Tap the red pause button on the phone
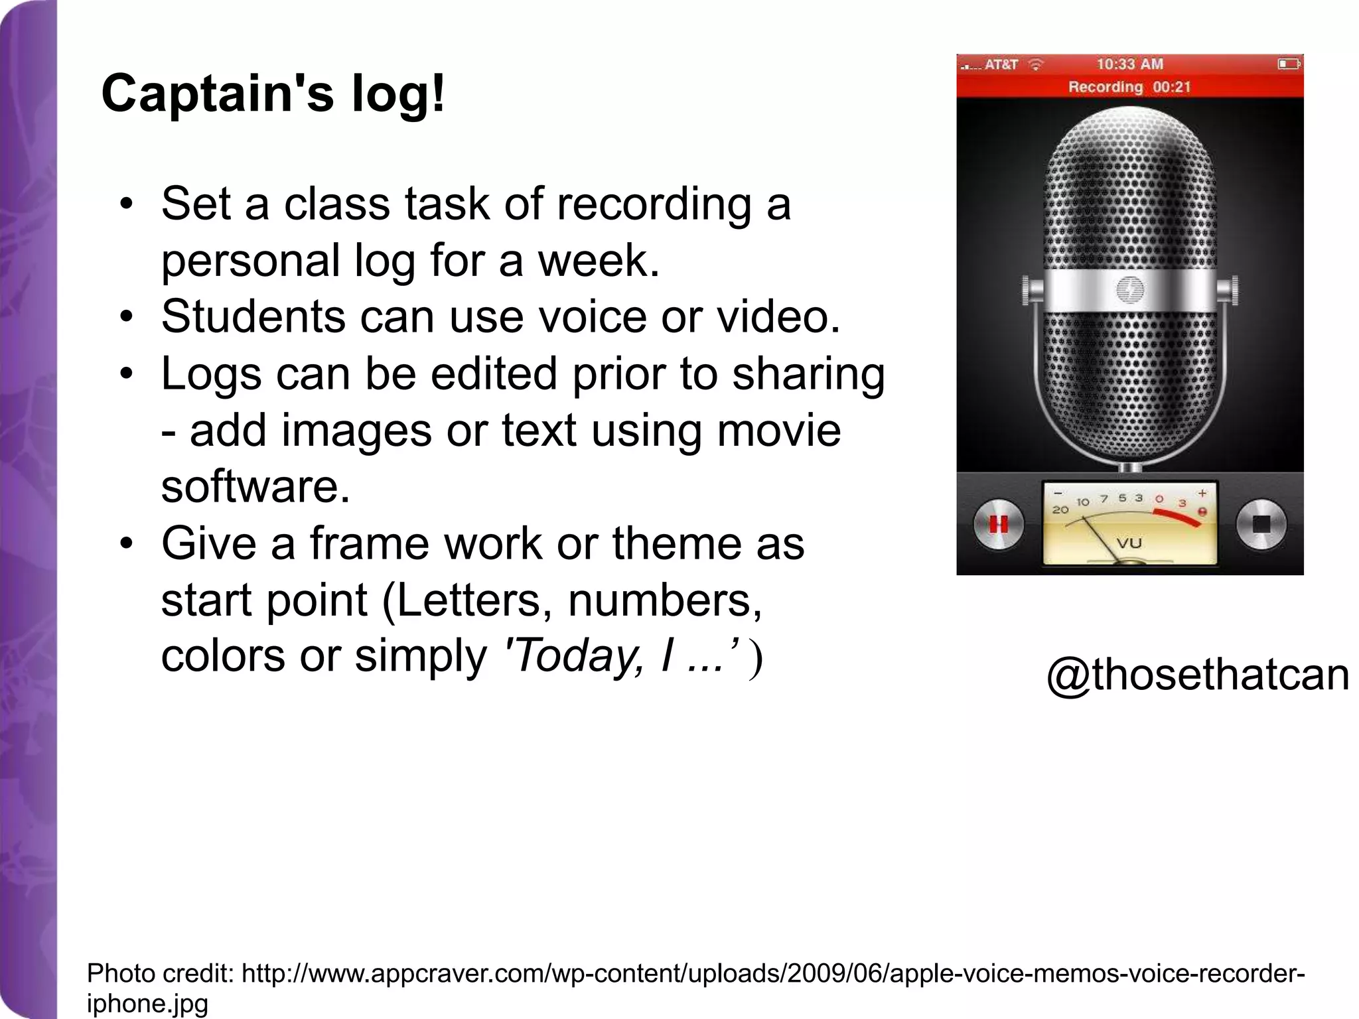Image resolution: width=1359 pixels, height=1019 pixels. (998, 524)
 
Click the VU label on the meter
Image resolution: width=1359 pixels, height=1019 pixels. (1129, 543)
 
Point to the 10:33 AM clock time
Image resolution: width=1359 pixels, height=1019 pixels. (1129, 64)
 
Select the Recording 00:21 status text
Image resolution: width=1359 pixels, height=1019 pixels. (1129, 87)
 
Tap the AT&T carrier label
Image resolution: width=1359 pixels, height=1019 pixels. (1001, 65)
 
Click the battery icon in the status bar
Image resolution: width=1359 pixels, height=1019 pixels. (1289, 64)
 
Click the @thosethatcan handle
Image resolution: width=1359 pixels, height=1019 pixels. (1197, 676)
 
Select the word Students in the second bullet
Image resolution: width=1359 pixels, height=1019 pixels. (253, 316)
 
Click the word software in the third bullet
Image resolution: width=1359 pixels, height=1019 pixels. (255, 486)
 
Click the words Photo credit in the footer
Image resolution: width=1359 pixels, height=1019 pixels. (160, 974)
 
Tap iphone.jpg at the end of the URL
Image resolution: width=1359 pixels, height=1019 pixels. (147, 1003)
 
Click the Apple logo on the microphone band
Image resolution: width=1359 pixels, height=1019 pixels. (1129, 290)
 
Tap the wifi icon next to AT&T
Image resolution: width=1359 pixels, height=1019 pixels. (1035, 64)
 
